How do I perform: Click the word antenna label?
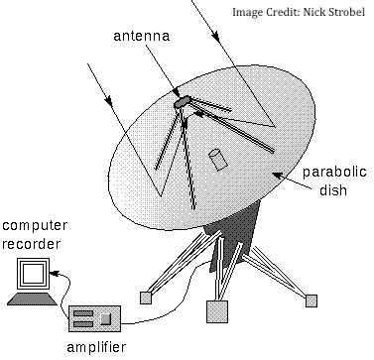(142, 36)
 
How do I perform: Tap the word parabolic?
(334, 173)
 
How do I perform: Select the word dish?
(333, 190)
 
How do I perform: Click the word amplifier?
(96, 348)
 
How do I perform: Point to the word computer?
(35, 226)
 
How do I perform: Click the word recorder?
(32, 244)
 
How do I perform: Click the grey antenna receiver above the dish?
(183, 101)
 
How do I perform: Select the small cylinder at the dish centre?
(218, 160)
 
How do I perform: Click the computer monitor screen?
(33, 274)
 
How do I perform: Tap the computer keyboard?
(32, 299)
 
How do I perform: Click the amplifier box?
(94, 318)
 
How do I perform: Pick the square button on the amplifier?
(105, 319)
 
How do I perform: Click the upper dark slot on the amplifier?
(83, 313)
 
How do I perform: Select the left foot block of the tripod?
(146, 298)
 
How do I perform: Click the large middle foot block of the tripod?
(217, 311)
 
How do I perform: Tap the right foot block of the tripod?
(312, 300)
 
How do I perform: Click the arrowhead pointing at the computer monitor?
(55, 274)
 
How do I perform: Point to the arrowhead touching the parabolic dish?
(278, 176)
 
